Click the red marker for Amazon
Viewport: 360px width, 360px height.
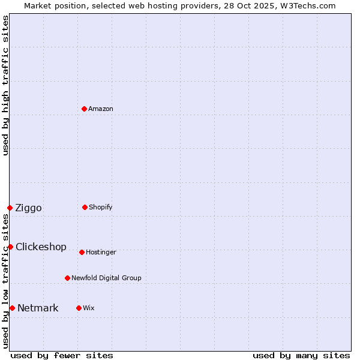(84, 109)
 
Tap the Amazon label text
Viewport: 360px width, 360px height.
(101, 109)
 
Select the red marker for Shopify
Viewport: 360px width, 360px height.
(85, 207)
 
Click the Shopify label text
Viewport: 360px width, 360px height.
(101, 208)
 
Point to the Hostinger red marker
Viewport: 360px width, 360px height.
(82, 252)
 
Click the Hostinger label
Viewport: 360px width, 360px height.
(101, 253)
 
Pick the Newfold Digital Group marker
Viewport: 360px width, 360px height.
(67, 278)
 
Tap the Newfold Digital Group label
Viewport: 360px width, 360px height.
(106, 278)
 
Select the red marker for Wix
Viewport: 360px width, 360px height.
(79, 308)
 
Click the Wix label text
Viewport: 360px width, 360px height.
(89, 308)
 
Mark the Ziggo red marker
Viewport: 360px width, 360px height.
(10, 208)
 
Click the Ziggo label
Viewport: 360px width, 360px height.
(28, 208)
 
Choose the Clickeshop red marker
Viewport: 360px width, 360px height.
(10, 247)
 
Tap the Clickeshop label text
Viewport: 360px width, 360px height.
(41, 247)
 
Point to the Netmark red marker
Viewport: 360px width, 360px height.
(12, 308)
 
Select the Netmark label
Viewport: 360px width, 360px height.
(38, 308)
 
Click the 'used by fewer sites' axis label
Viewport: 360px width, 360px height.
(62, 355)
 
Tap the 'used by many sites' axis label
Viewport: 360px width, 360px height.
(301, 355)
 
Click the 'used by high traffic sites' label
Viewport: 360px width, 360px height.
(5, 85)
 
